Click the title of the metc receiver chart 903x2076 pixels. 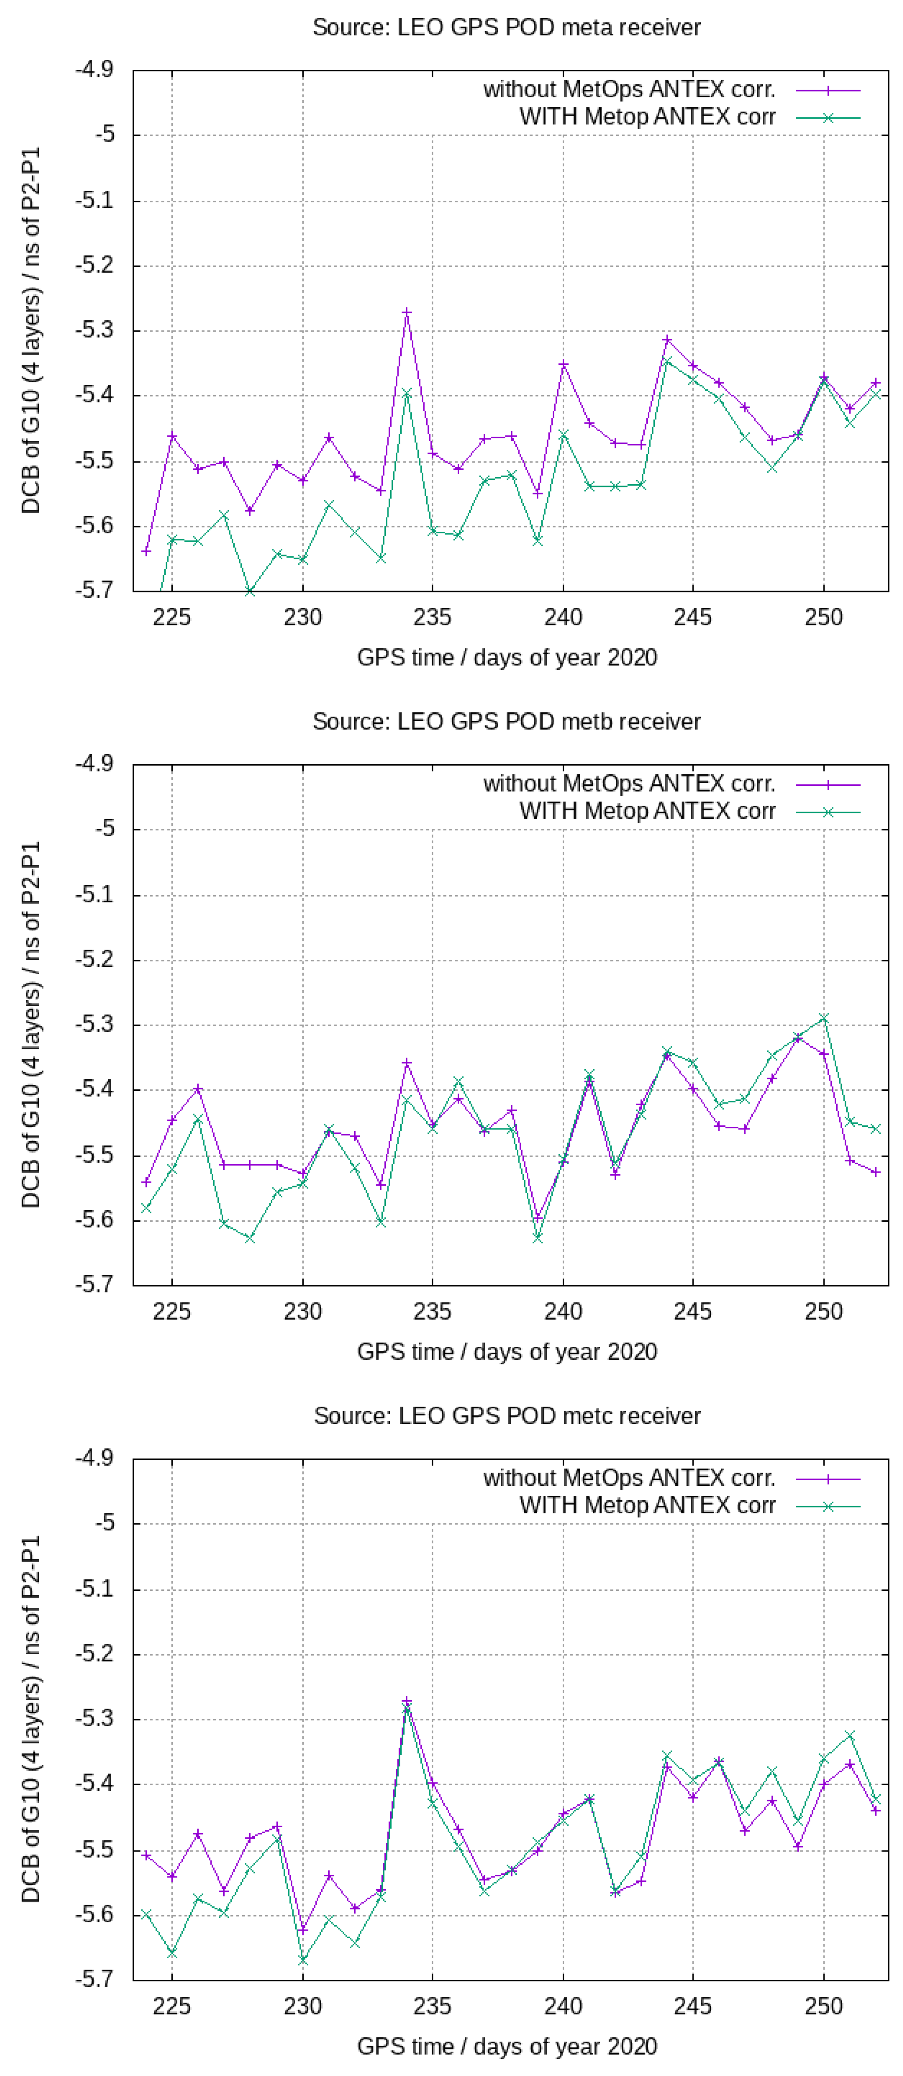(x=507, y=1416)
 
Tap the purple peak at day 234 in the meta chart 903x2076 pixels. (x=407, y=312)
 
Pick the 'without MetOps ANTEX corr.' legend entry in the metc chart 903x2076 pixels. (x=629, y=1478)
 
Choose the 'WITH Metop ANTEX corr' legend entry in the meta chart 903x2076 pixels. (x=647, y=117)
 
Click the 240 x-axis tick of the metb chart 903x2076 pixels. (x=562, y=1311)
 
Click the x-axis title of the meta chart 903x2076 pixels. (x=507, y=657)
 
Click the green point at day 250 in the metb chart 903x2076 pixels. (x=823, y=1018)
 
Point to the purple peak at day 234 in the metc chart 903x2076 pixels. (x=407, y=1701)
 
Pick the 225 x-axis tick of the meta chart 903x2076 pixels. (x=171, y=617)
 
